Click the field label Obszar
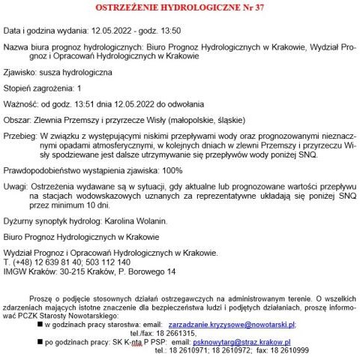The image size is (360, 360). pos(19,118)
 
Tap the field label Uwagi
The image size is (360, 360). pos(18,186)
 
